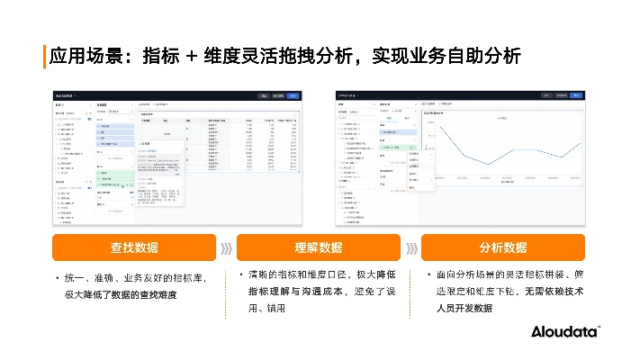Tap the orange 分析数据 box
(502, 247)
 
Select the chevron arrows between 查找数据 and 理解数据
(226, 247)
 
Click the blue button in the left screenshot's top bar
(293, 94)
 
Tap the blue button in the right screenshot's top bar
(576, 94)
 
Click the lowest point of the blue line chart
(489, 164)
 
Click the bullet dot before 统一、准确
(57, 277)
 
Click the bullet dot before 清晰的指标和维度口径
(241, 273)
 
